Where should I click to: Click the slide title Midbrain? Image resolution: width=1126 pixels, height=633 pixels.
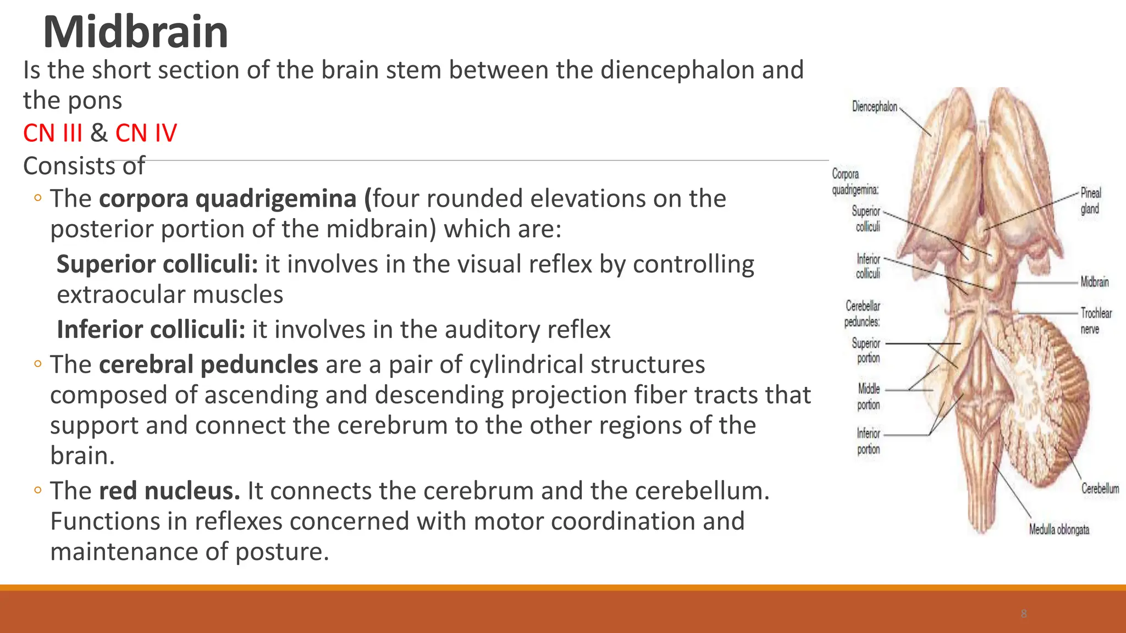click(x=135, y=32)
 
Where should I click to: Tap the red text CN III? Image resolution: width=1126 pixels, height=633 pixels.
click(x=53, y=133)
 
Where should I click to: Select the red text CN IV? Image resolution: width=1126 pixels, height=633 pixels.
click(x=146, y=133)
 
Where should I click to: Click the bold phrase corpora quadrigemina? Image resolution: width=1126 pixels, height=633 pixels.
click(x=228, y=198)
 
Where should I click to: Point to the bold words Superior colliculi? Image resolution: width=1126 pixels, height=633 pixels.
click(x=157, y=264)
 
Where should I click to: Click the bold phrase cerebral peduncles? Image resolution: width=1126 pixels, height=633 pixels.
click(x=208, y=365)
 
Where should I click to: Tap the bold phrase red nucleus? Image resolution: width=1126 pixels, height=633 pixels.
click(x=169, y=491)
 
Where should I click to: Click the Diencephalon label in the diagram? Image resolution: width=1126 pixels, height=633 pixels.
click(x=874, y=107)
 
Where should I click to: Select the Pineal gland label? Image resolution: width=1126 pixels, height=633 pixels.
click(x=1090, y=201)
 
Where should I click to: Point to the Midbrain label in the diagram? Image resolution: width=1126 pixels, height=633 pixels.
click(x=1094, y=282)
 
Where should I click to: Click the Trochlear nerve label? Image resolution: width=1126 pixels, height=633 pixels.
click(x=1095, y=320)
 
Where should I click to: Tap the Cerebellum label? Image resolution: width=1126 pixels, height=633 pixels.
click(x=1100, y=488)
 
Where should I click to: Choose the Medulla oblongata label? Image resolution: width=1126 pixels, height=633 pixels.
click(x=1059, y=530)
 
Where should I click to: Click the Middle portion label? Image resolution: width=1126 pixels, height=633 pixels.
click(x=869, y=397)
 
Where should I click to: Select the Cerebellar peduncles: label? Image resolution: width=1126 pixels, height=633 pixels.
click(x=862, y=313)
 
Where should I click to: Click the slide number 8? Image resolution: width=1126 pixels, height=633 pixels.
click(x=1023, y=614)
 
